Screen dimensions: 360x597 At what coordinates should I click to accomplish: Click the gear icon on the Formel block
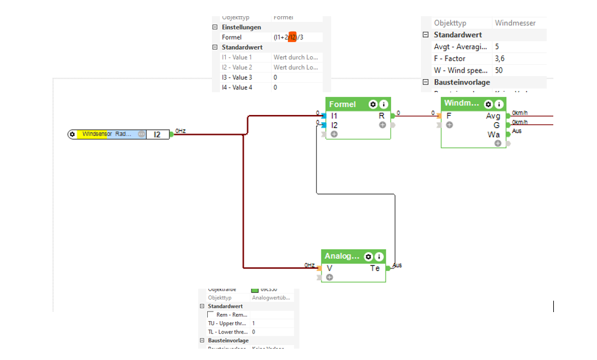coord(372,104)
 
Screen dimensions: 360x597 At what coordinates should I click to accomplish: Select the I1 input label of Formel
coord(334,116)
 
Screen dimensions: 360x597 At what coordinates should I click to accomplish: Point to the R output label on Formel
coord(381,116)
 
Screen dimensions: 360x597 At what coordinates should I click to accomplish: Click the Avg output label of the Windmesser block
coord(493,116)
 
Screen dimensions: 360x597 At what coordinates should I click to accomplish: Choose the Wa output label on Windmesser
coord(494,135)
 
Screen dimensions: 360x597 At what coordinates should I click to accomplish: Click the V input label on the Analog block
coord(329,268)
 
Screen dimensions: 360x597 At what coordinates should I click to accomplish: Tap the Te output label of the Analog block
coord(375,268)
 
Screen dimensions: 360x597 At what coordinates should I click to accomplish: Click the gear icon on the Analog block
coord(368,256)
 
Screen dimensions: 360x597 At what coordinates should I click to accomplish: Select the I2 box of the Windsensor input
coord(157,135)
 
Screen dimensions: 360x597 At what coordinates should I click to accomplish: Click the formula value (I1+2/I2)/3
coord(289,37)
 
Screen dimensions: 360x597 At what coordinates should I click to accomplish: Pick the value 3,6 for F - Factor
coord(499,59)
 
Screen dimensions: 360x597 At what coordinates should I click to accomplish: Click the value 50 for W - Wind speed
coord(499,71)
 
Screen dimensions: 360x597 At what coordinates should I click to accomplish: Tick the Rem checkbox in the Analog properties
coord(210,314)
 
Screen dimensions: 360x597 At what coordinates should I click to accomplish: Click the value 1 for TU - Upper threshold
coord(253,323)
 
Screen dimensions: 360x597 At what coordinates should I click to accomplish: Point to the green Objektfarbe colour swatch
coord(254,290)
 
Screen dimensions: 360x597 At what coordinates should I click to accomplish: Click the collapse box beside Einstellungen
coord(215,28)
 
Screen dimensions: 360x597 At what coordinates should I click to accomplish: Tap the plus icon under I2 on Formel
coord(334,134)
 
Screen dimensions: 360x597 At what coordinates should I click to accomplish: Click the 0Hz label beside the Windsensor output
coord(180,131)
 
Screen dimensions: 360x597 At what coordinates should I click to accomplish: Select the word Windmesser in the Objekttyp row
coord(515,23)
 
